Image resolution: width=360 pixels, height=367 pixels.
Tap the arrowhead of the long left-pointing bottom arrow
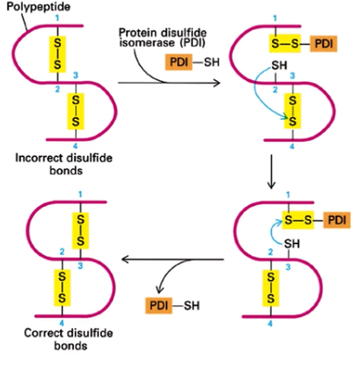pyautogui.click(x=124, y=259)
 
